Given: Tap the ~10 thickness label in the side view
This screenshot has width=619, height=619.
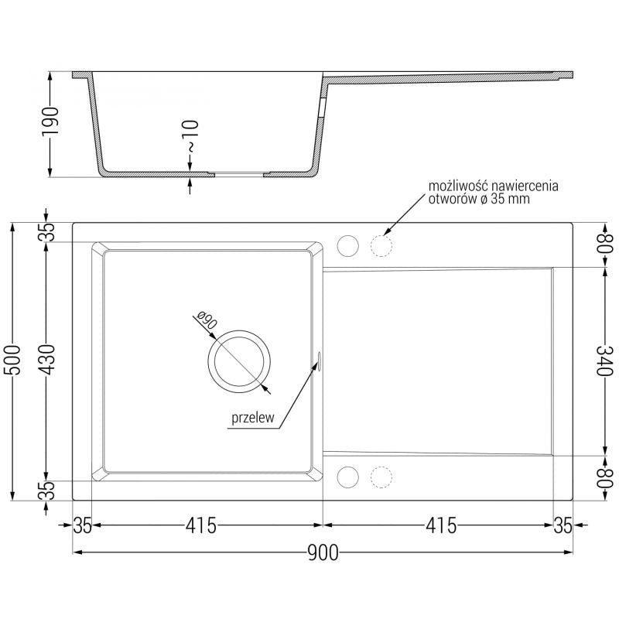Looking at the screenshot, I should coord(190,135).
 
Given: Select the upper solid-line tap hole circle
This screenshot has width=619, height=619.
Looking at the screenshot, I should coord(348,245).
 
